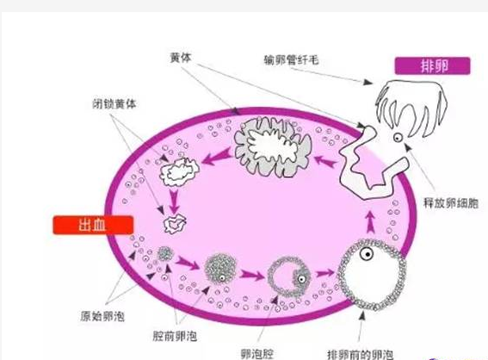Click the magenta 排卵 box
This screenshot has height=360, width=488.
pyautogui.click(x=432, y=66)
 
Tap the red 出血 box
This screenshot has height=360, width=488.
pyautogui.click(x=93, y=225)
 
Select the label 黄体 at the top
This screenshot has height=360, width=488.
pyautogui.click(x=181, y=58)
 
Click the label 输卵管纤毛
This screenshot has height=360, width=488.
pyautogui.click(x=291, y=59)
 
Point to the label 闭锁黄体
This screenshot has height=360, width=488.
pyautogui.click(x=114, y=103)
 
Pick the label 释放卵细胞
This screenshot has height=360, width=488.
pyautogui.click(x=451, y=203)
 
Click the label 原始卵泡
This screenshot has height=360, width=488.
pyautogui.click(x=102, y=316)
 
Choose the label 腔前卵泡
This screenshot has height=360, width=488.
pyautogui.click(x=175, y=336)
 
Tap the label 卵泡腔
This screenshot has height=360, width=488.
pyautogui.click(x=257, y=354)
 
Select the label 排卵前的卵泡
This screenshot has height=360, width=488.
pyautogui.click(x=360, y=355)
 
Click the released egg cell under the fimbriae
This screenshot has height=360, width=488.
pyautogui.click(x=398, y=137)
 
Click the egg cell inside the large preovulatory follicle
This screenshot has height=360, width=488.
pyautogui.click(x=367, y=254)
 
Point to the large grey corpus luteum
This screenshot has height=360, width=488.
pyautogui.click(x=273, y=146)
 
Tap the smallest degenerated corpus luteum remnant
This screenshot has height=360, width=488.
pyautogui.click(x=174, y=224)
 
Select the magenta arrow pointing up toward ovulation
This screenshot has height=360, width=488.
pyautogui.click(x=370, y=221)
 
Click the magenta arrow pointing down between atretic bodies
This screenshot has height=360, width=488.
pyautogui.click(x=174, y=201)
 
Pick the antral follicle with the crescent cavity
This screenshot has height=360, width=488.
pyautogui.click(x=289, y=276)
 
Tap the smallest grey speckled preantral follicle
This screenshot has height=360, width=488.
pyautogui.click(x=165, y=254)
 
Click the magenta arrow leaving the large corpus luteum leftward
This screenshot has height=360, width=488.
pyautogui.click(x=217, y=157)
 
